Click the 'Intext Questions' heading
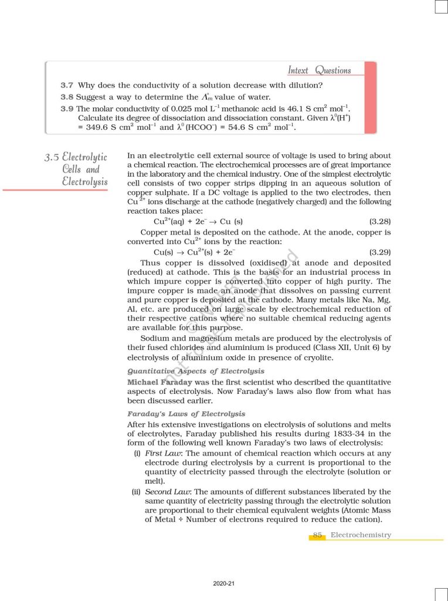tap(319, 70)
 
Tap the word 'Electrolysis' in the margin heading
tap(85, 181)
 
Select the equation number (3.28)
tap(379, 222)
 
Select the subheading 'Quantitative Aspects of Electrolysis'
tap(196, 371)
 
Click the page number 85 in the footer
tap(318, 535)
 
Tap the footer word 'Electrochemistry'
tap(361, 535)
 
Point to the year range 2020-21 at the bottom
tap(224, 584)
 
